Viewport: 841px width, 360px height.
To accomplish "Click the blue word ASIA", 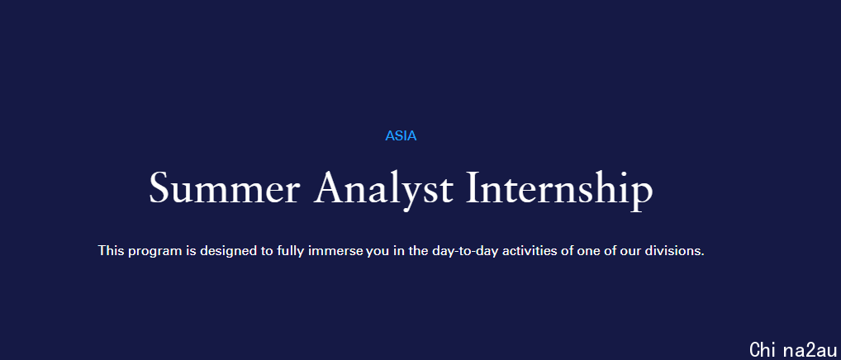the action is pyautogui.click(x=401, y=136).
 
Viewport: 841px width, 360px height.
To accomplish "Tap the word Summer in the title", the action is pyautogui.click(x=224, y=188).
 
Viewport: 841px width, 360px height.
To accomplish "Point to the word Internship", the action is pyautogui.click(x=560, y=191).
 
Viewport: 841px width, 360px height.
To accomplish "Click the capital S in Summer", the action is pyautogui.click(x=159, y=188).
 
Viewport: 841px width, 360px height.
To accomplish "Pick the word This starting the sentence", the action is pyautogui.click(x=111, y=250).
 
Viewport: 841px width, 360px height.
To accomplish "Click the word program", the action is pyautogui.click(x=155, y=252).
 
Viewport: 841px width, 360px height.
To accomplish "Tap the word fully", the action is pyautogui.click(x=291, y=251).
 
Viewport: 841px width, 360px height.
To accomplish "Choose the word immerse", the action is pyautogui.click(x=335, y=250).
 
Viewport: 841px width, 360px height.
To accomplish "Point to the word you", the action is pyautogui.click(x=378, y=252).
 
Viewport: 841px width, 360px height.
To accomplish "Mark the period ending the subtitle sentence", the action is pyautogui.click(x=702, y=254).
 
